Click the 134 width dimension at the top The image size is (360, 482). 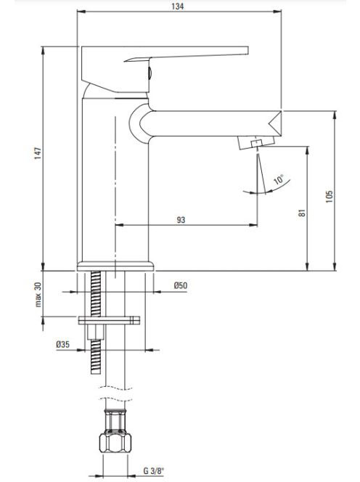pyautogui.click(x=178, y=6)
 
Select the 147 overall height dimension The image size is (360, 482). pyautogui.click(x=38, y=153)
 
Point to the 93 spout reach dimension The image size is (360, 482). pyautogui.click(x=181, y=220)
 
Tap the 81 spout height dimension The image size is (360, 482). pyautogui.click(x=303, y=213)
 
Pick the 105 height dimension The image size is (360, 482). pyautogui.click(x=330, y=197)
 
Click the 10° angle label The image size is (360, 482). pyautogui.click(x=279, y=179)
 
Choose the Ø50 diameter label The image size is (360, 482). pyautogui.click(x=181, y=285)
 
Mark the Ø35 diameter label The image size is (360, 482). pyautogui.click(x=62, y=345)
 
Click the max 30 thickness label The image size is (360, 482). pyautogui.click(x=38, y=295)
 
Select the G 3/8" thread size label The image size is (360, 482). pyautogui.click(x=154, y=470)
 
